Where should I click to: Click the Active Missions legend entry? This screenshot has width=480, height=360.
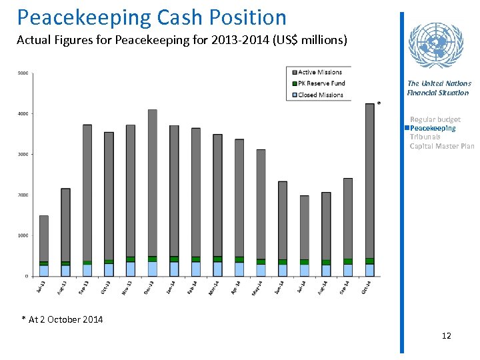click(319, 73)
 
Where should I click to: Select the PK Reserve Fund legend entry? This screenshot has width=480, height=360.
click(321, 83)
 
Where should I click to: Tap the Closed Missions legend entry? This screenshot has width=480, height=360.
click(320, 95)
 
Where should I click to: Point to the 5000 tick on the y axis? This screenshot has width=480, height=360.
click(23, 73)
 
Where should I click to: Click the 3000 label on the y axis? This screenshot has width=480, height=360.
click(23, 155)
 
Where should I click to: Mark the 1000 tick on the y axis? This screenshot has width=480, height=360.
click(23, 235)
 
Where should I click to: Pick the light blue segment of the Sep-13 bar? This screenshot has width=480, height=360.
click(87, 270)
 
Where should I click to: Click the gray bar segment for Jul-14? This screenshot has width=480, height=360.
click(305, 227)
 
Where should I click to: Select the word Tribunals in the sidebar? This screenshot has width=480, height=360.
click(425, 137)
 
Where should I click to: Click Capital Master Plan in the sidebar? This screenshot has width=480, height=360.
click(441, 146)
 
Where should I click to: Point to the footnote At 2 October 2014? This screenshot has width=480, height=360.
click(65, 319)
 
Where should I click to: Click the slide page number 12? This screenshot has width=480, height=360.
click(446, 335)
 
